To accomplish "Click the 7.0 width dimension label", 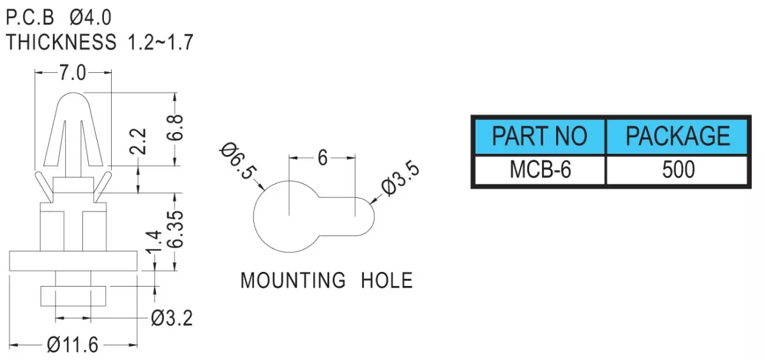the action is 73,73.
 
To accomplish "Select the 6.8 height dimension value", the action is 175,128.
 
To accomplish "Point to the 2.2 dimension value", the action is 138,142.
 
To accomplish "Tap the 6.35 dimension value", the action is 175,229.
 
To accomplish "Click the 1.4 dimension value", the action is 154,242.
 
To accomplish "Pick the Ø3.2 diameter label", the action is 172,319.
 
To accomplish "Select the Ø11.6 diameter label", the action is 73,345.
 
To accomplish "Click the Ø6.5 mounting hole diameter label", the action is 237,161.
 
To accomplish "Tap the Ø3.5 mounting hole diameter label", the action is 400,179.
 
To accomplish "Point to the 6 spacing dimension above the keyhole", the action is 322,158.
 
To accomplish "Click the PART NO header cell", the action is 540,136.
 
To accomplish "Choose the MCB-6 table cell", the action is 540,170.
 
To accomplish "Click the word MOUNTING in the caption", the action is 293,281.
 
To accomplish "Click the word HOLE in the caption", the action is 387,281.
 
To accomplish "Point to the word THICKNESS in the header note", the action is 61,42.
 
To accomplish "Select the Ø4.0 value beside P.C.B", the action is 90,17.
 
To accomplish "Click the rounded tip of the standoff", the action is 73,93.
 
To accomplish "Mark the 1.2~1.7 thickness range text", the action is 160,42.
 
